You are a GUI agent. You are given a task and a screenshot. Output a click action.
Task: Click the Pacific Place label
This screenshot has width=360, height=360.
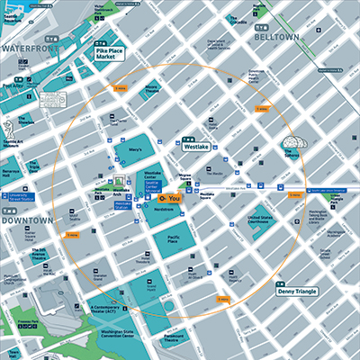(x=173, y=238)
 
